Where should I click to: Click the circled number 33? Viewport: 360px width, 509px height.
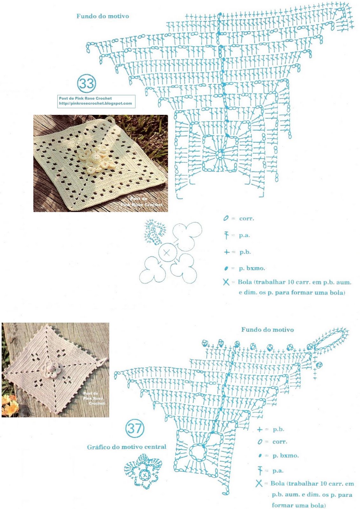coord(87,83)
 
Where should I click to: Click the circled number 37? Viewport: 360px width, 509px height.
coord(135,428)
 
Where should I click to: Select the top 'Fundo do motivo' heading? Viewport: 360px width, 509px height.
coord(103,16)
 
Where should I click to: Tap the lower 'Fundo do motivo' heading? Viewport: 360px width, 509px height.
coord(267,330)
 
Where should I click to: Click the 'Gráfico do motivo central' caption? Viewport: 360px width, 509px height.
coord(127,447)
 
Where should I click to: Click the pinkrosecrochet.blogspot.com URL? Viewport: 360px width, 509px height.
coord(95,103)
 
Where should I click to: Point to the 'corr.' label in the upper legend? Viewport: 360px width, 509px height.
coord(246,219)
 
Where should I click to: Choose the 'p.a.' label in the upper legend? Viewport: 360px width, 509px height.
coord(244,235)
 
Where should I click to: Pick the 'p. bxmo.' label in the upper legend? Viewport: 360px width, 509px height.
coord(252,268)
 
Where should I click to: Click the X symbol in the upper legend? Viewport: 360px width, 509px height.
coord(226,282)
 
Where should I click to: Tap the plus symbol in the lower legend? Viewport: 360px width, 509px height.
coord(260,429)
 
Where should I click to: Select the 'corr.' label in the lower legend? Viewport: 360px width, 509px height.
coord(280,442)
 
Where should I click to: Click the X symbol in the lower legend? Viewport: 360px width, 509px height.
coord(259,483)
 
